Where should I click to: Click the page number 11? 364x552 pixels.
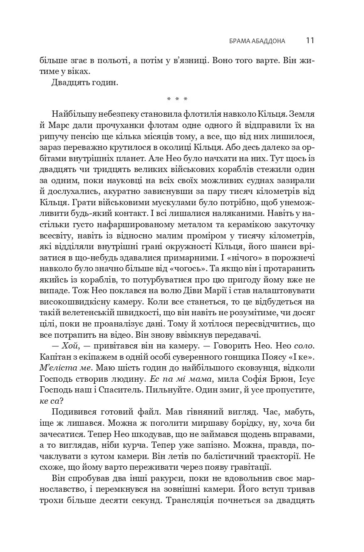[310, 40]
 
